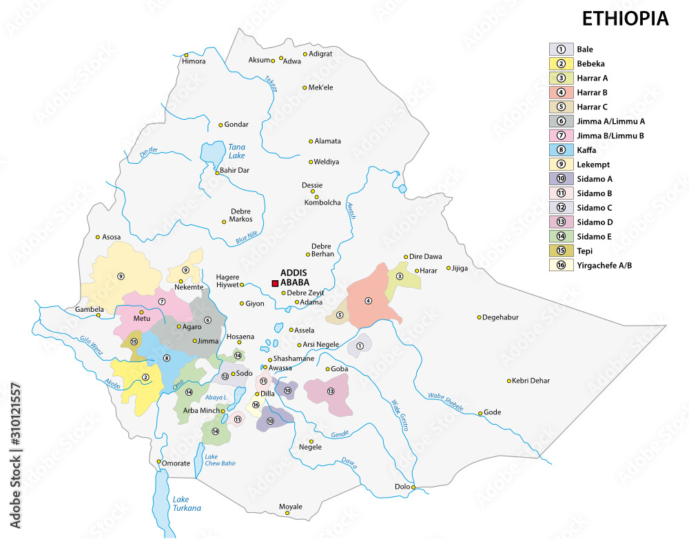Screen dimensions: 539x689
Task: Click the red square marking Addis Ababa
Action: (275, 284)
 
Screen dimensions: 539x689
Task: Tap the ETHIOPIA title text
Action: (625, 19)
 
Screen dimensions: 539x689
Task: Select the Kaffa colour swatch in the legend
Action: (562, 150)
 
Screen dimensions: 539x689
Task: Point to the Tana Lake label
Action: (236, 151)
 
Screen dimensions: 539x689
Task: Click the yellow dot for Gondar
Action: (220, 125)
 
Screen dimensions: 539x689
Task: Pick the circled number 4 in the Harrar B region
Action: (368, 300)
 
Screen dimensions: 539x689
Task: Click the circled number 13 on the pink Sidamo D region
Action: (330, 391)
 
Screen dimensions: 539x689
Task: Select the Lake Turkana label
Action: (187, 503)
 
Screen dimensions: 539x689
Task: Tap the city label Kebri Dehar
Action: (533, 381)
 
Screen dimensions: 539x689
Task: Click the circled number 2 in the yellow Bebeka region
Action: (145, 377)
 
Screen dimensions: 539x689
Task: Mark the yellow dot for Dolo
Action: (413, 488)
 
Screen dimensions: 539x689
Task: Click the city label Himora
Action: (194, 61)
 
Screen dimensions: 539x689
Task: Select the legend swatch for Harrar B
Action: (562, 92)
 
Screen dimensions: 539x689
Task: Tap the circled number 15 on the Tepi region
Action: (134, 341)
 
